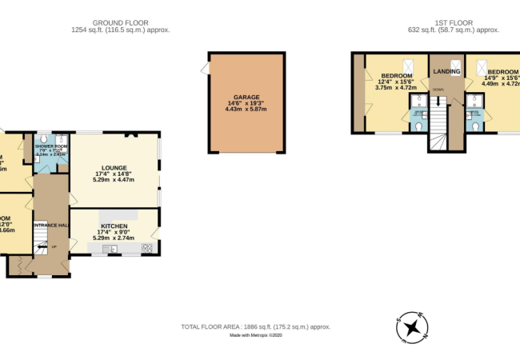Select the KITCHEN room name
coord(115,226)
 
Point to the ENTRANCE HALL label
coord(50,225)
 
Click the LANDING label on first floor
coord(447,72)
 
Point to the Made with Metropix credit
coord(256,336)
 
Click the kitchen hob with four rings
coord(148,248)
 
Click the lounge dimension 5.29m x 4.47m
coord(115,182)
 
